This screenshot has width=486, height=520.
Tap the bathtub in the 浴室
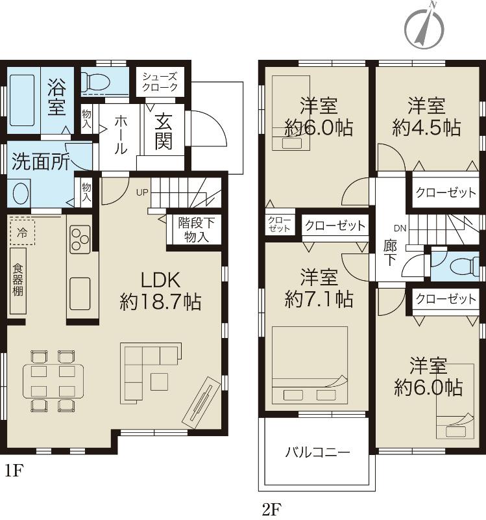click(x=23, y=101)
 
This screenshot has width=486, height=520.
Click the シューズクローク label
click(x=160, y=81)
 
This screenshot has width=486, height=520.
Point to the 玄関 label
click(x=164, y=131)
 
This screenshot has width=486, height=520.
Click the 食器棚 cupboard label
click(x=18, y=280)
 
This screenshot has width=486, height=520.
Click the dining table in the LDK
click(x=51, y=380)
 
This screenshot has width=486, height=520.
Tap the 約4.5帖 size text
click(x=426, y=127)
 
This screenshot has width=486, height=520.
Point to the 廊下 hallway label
click(x=391, y=253)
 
